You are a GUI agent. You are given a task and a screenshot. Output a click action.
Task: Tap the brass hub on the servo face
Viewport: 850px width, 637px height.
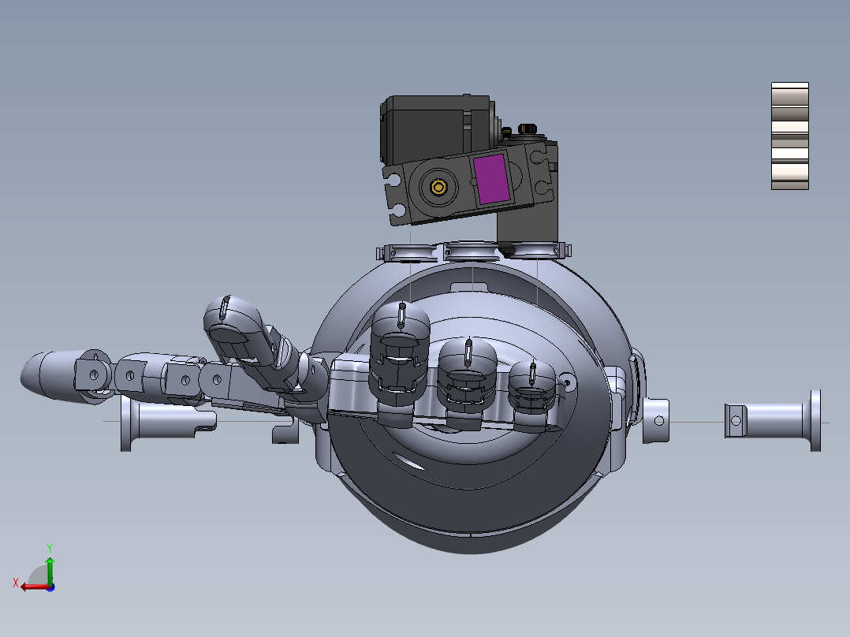[x=438, y=188]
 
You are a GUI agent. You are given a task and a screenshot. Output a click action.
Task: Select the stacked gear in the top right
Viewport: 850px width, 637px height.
[x=789, y=136]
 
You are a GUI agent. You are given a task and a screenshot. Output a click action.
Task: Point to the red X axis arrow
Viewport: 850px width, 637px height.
[x=32, y=586]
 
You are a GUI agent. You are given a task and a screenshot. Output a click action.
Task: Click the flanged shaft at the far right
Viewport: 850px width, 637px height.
[x=777, y=419]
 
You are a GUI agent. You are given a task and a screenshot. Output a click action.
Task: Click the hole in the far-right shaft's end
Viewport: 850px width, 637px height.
[x=736, y=420]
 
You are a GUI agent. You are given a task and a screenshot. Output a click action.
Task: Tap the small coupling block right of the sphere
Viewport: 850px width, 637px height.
[x=655, y=419]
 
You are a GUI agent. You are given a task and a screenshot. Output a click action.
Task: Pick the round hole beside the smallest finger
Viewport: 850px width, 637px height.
[x=567, y=383]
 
